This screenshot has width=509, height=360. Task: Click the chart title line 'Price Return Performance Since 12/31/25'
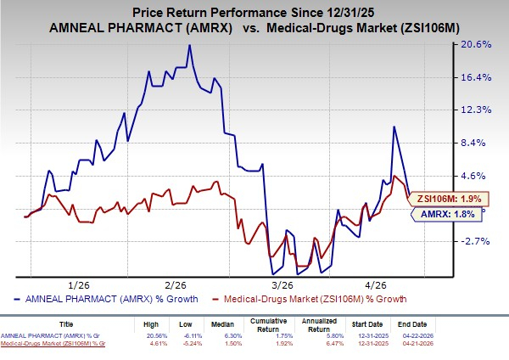254,13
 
